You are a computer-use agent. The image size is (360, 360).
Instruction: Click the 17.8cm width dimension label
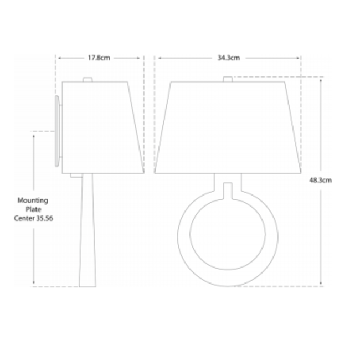pyautogui.click(x=100, y=57)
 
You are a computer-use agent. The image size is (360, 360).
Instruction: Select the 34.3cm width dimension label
pyautogui.click(x=228, y=57)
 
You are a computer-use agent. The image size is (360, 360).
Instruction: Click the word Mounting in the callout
pyautogui.click(x=33, y=200)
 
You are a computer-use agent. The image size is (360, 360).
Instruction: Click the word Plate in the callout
pyautogui.click(x=33, y=209)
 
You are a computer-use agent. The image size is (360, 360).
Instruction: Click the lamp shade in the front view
pyautogui.click(x=227, y=127)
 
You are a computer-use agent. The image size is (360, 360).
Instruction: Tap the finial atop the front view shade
pyautogui.click(x=227, y=79)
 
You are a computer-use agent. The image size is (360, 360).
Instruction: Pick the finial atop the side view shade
pyautogui.click(x=86, y=79)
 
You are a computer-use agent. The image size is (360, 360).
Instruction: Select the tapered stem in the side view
pyautogui.click(x=88, y=233)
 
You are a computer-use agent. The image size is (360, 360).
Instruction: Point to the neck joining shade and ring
pyautogui.click(x=227, y=189)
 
